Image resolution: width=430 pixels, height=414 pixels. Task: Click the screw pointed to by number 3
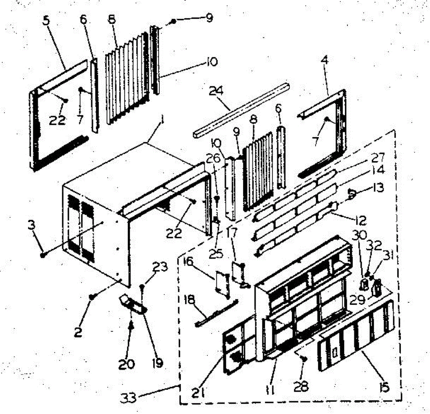click(x=43, y=255)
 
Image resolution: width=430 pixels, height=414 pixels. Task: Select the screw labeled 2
click(x=92, y=296)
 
